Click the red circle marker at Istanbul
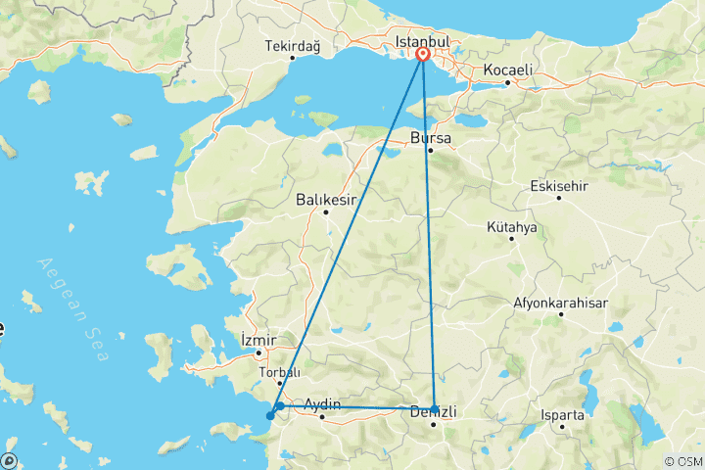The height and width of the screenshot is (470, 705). click(x=423, y=55)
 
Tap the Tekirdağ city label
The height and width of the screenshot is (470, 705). click(x=293, y=45)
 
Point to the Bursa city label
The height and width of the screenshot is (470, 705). click(x=430, y=138)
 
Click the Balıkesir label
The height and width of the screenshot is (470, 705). click(x=325, y=199)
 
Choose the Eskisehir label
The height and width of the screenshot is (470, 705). click(x=558, y=185)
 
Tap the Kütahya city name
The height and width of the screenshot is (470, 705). click(x=512, y=227)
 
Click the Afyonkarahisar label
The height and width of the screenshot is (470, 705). click(x=560, y=303)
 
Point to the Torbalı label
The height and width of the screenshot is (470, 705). click(x=279, y=372)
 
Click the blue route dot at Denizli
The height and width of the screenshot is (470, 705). click(x=435, y=409)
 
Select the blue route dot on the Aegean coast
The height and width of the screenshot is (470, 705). click(x=270, y=416)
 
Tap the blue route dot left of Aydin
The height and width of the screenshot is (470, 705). click(x=280, y=405)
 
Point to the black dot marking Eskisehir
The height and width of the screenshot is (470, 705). click(x=559, y=198)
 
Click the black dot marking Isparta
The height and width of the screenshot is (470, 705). click(x=562, y=427)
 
